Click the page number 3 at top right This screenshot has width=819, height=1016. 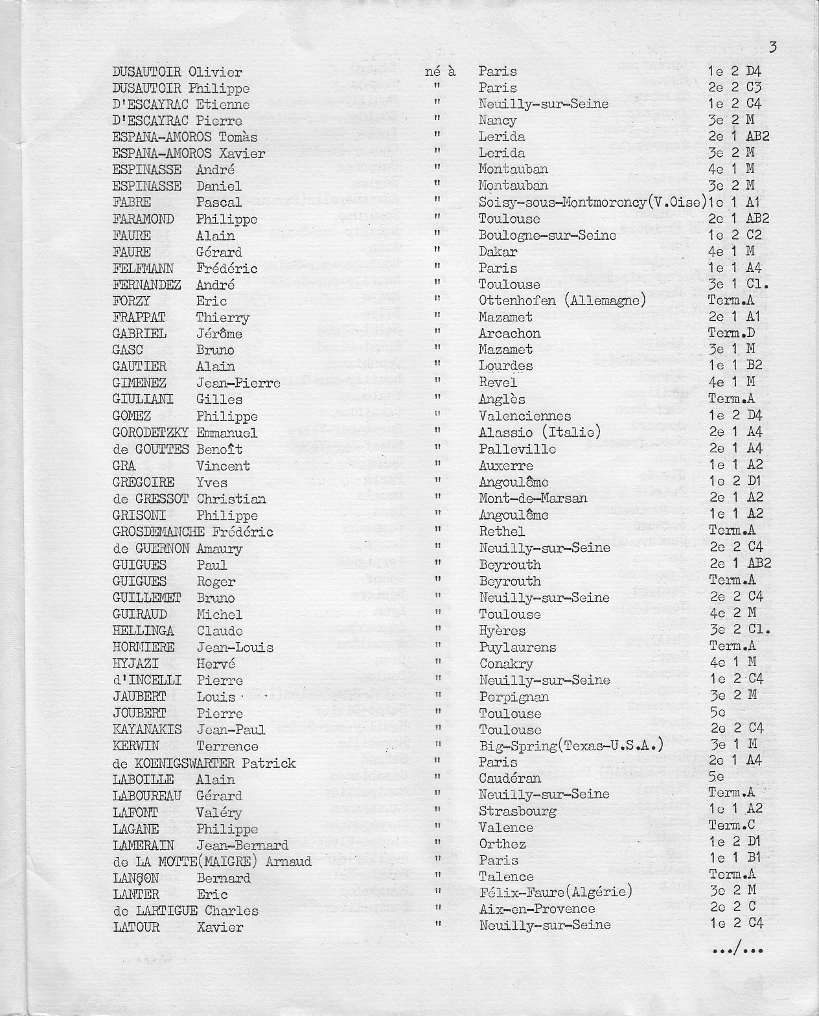point(773,47)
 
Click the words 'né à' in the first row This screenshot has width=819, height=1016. point(441,71)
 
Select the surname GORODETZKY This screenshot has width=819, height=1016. point(152,433)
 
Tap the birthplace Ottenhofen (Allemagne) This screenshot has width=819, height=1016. point(562,301)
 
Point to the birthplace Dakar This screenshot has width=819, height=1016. point(498,251)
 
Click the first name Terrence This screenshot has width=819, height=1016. point(227,746)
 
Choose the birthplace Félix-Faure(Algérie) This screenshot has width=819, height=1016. point(555,893)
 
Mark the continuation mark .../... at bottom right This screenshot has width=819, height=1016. point(737,951)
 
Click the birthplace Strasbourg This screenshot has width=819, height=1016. point(518,811)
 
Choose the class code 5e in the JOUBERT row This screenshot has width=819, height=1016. point(717,713)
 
